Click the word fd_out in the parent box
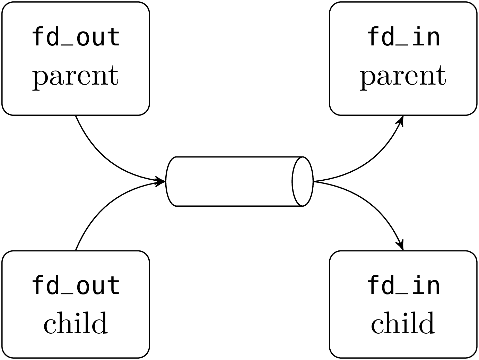[76, 37]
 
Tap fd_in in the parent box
[403, 37]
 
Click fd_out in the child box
[76, 285]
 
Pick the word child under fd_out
[76, 323]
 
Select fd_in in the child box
[403, 285]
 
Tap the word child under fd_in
[403, 323]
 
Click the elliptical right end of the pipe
[303, 181]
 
